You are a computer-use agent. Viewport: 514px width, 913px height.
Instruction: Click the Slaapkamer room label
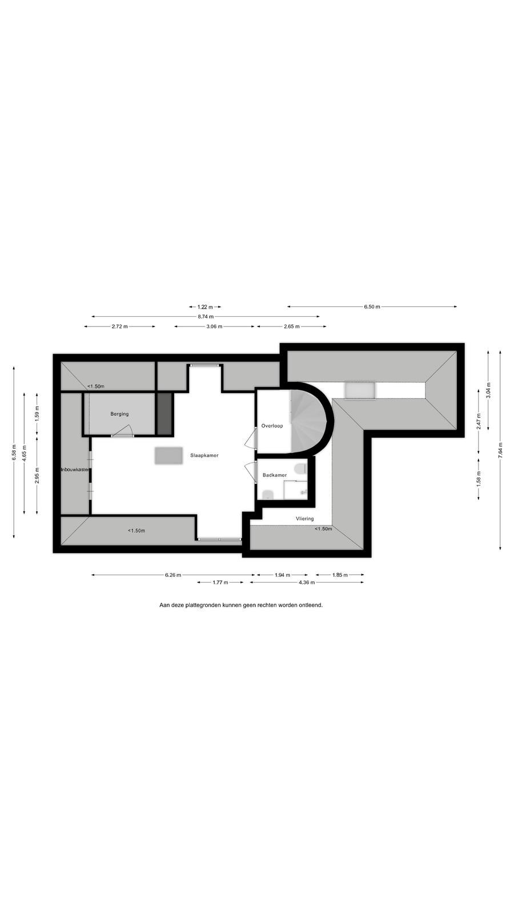coord(204,455)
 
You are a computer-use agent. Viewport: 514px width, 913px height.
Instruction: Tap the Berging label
coord(119,414)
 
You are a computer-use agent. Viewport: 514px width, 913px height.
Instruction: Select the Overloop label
coord(272,426)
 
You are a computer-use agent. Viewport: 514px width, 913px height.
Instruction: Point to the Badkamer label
coord(275,475)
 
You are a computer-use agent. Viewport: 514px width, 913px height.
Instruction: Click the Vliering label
coord(305,519)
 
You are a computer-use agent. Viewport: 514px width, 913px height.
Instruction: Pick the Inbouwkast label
coord(75,470)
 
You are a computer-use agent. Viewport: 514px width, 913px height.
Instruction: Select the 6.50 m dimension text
coord(372,306)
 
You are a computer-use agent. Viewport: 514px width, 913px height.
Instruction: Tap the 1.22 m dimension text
coord(205,306)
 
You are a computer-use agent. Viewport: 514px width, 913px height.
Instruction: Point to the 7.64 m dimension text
coord(500,451)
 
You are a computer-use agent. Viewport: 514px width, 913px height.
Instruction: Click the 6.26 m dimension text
coord(173,575)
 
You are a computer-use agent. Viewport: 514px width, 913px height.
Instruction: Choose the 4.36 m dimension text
coord(307,583)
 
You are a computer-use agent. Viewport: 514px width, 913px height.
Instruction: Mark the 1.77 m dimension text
coord(220,583)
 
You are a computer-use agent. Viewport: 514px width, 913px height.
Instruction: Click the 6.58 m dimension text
coord(14,453)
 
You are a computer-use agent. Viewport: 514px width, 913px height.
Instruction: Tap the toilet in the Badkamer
coord(301,468)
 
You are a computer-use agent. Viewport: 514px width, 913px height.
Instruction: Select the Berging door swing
coord(122,430)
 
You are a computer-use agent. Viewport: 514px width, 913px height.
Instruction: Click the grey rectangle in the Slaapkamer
coord(168,456)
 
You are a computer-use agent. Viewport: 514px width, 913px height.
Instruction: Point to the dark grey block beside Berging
coord(165,414)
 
